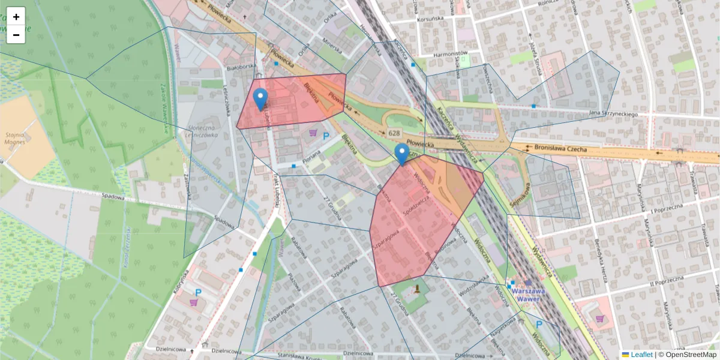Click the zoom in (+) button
click(16, 17)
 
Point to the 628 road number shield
click(394, 133)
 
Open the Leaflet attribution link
click(641, 355)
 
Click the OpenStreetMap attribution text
click(691, 355)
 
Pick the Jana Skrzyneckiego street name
click(613, 113)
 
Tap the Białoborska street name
click(245, 67)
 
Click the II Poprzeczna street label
click(666, 280)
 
